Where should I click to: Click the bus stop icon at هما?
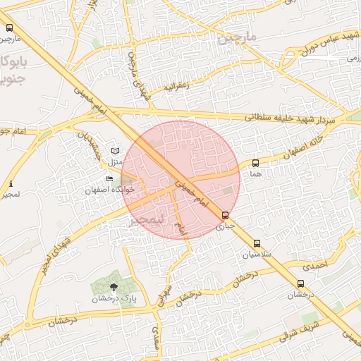(x=255, y=163)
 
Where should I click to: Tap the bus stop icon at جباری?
(x=225, y=216)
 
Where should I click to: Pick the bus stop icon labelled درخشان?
(x=301, y=284)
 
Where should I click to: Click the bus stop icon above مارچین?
(x=9, y=27)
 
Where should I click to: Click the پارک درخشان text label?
(x=113, y=299)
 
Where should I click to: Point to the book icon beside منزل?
(x=116, y=151)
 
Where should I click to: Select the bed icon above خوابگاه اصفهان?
(x=109, y=179)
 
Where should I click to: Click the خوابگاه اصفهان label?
(x=109, y=190)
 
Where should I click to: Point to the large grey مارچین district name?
(x=238, y=35)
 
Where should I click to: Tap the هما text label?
(x=255, y=173)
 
